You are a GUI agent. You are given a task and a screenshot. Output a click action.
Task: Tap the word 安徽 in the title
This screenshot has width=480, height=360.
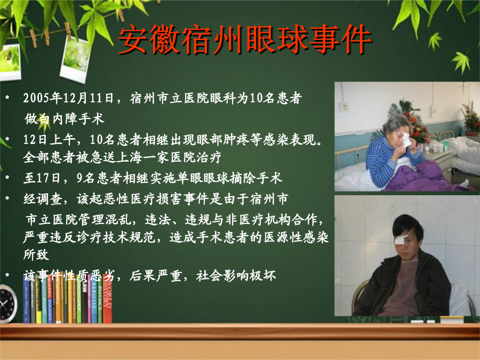[149, 39]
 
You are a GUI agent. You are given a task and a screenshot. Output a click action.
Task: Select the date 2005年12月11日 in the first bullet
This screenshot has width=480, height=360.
[69, 98]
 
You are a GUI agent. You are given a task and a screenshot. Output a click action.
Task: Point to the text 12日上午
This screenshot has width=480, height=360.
[50, 140]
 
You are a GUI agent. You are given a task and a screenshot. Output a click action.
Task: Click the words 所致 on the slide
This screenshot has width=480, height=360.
[36, 254]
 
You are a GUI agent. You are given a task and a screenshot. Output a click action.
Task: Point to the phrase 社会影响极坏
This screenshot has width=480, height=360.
[236, 276]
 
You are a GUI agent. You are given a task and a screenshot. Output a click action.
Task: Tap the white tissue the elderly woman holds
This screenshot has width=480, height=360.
[405, 140]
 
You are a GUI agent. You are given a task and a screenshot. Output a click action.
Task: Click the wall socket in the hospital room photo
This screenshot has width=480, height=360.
[345, 107]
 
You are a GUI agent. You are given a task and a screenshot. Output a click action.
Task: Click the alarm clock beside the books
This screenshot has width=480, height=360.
[7, 303]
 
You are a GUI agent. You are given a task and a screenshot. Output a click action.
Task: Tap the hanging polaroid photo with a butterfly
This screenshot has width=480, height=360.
[10, 62]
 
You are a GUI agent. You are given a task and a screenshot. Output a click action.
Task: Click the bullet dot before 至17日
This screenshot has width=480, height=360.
[7, 178]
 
